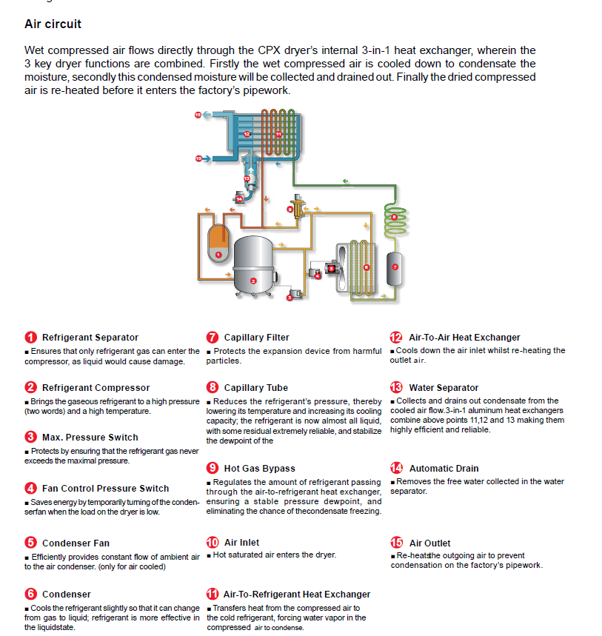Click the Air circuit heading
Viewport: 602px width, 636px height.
coord(53,24)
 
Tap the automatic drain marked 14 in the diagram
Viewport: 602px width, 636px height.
coord(240,198)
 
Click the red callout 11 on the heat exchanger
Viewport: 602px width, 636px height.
coord(278,134)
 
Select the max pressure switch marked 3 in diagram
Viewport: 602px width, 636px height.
coord(293,295)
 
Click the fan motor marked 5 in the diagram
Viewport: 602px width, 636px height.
coord(332,268)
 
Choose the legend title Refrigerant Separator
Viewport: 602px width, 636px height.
coord(90,338)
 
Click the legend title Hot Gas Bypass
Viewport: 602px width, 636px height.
coord(259,468)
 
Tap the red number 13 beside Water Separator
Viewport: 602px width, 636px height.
coord(396,387)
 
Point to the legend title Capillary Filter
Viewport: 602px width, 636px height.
coord(256,338)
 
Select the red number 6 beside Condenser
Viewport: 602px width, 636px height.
coord(30,594)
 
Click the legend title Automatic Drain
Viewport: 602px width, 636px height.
coord(444,468)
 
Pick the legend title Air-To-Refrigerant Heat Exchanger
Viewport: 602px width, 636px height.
coord(296,594)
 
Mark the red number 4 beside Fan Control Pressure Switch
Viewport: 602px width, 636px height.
coord(30,488)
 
